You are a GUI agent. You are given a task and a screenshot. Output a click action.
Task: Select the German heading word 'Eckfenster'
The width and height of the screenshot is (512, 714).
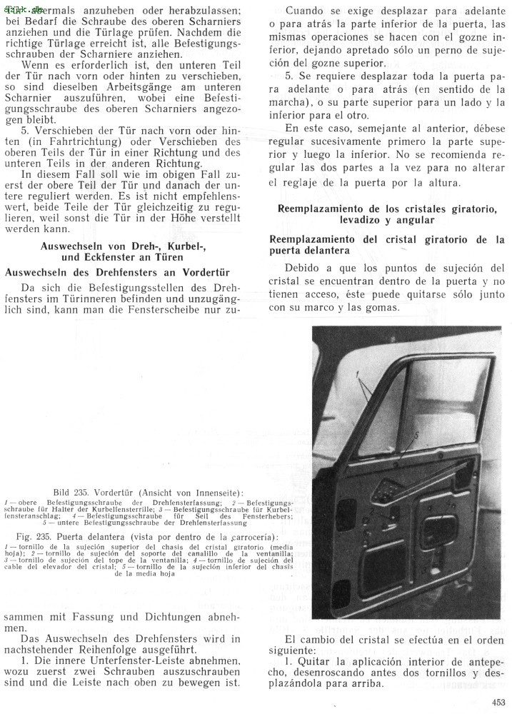coord(96,257)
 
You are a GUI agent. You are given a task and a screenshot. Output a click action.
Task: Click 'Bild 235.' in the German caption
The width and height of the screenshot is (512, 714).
coord(71,493)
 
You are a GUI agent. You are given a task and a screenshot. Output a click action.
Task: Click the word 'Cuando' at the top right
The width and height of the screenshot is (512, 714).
coord(305,12)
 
